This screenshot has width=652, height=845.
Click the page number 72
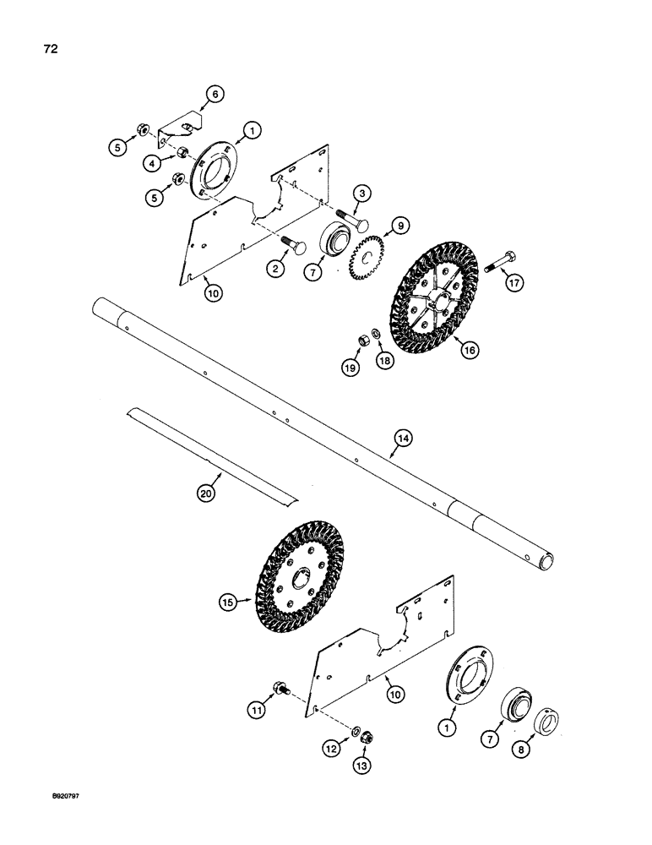tap(50, 49)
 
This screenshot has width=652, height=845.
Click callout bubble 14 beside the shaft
tap(404, 438)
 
